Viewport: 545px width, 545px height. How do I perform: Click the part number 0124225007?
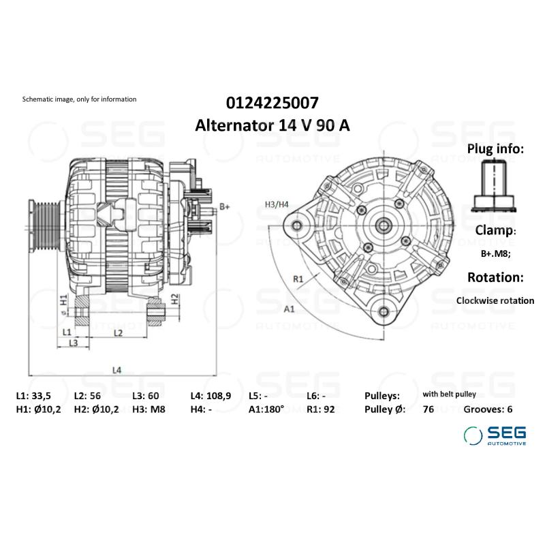point(272,103)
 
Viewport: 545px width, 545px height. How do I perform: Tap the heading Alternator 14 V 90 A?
point(272,125)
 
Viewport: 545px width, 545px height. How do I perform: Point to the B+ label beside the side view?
point(225,206)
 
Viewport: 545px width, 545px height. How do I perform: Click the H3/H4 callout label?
point(277,204)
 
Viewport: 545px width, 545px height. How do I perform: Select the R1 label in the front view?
point(298,278)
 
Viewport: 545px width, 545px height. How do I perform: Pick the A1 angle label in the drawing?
point(289,309)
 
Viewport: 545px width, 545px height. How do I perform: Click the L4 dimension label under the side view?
point(116,370)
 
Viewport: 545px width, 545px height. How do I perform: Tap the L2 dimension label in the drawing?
point(117,332)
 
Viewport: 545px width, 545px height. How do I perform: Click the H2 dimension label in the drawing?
point(174,298)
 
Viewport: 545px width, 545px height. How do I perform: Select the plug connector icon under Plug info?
point(495,183)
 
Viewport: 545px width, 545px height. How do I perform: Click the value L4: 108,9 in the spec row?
point(212,395)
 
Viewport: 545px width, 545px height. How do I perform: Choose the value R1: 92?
point(322,409)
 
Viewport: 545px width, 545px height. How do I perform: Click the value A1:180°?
point(266,409)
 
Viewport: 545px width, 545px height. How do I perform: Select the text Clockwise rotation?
point(495,300)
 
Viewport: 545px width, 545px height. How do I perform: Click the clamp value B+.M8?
point(495,254)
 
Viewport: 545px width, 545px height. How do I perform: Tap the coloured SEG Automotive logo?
point(495,435)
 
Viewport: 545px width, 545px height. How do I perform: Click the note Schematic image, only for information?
point(80,99)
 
